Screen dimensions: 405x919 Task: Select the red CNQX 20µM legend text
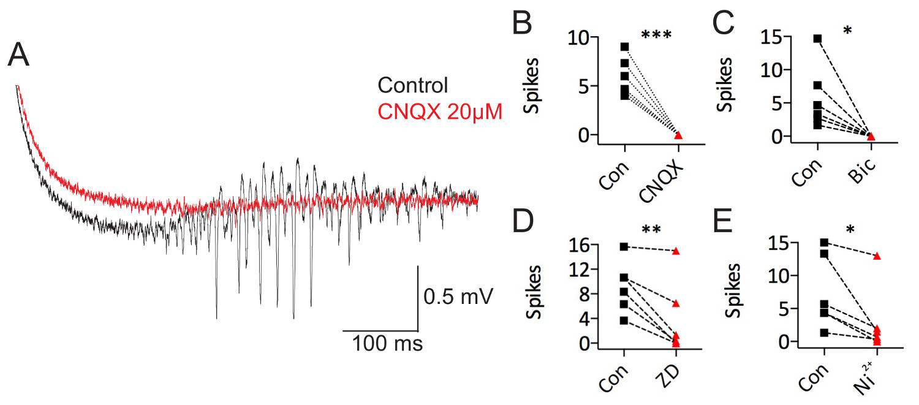coord(440,112)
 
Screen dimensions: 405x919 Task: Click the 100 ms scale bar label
coord(387,344)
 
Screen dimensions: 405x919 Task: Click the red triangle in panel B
coord(678,135)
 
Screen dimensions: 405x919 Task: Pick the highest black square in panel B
coord(624,47)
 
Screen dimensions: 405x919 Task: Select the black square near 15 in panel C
coord(817,39)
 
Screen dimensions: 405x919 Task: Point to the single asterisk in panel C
coord(847,29)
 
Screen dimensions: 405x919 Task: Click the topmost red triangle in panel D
coord(676,251)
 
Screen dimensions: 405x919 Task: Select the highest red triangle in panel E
coord(877,255)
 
